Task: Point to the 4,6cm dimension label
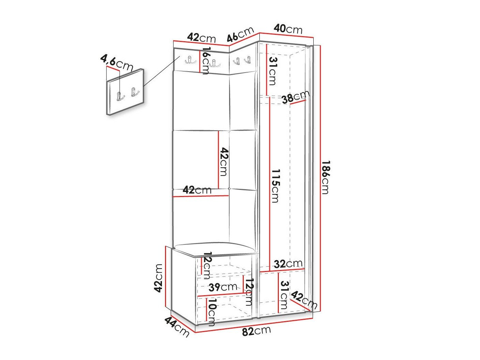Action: tap(117, 63)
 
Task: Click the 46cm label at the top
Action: tap(240, 34)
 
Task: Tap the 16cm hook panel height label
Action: tap(206, 61)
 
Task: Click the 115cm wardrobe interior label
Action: tap(275, 185)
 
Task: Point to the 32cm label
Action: tap(288, 264)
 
